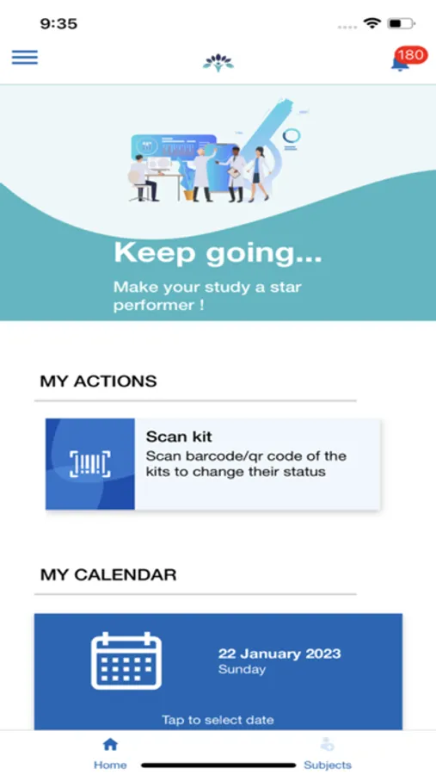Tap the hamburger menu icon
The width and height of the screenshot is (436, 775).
tap(24, 58)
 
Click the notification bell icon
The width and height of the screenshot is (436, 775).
tap(400, 63)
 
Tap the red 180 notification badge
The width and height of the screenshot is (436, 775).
tap(410, 55)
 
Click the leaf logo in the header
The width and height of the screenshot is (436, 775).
tap(218, 61)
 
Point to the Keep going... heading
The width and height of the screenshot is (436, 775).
tap(218, 253)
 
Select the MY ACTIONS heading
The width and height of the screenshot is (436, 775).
tap(98, 381)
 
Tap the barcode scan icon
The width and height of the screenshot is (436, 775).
tap(90, 464)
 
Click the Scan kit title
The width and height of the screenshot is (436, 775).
tap(179, 437)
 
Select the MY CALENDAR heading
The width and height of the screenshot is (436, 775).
tap(108, 574)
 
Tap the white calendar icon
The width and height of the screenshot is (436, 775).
tap(126, 661)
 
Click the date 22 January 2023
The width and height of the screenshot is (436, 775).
tap(279, 654)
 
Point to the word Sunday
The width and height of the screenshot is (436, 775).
tap(243, 669)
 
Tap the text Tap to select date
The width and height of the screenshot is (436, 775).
tap(218, 720)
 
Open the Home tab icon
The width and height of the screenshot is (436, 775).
tap(110, 746)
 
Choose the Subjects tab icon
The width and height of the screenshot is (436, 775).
tap(327, 746)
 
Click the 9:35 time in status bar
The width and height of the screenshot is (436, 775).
tap(58, 23)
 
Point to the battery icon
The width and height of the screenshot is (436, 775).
tap(400, 23)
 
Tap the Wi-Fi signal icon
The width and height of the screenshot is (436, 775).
tap(372, 23)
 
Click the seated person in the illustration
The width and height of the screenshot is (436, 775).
tap(143, 178)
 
